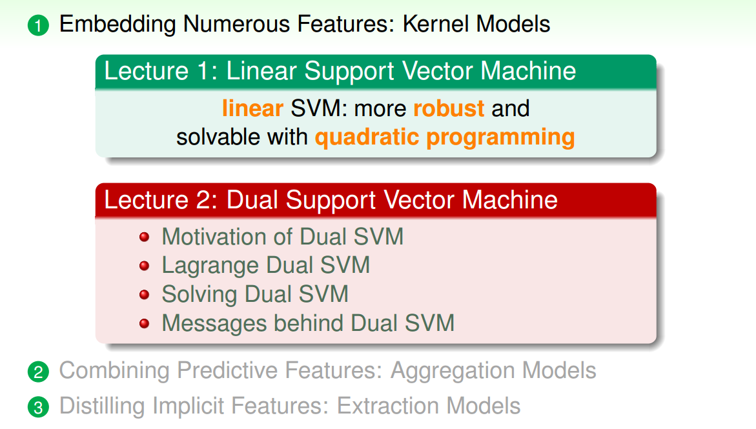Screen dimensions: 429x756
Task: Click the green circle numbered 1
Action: click(39, 26)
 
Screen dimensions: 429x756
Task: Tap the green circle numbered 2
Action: click(39, 372)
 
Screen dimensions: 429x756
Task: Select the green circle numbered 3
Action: click(39, 407)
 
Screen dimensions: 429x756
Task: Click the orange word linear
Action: click(252, 108)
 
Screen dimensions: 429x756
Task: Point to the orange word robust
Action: click(449, 108)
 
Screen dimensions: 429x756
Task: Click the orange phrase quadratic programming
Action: click(445, 137)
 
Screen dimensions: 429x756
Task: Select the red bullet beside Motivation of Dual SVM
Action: click(145, 237)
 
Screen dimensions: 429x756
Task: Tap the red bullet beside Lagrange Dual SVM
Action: click(145, 266)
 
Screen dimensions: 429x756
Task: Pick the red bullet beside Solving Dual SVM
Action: click(145, 295)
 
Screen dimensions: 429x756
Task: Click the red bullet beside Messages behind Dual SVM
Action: click(145, 323)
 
